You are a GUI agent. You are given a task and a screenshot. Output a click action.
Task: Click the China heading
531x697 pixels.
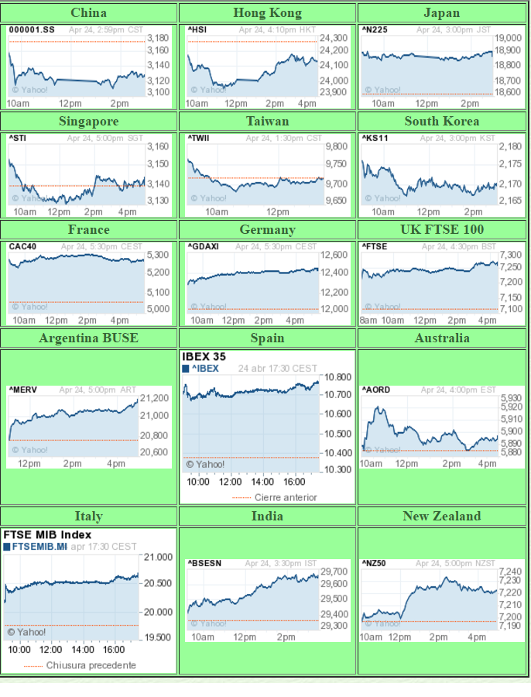(x=88, y=12)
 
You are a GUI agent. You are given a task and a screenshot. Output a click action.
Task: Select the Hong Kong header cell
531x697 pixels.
(x=267, y=12)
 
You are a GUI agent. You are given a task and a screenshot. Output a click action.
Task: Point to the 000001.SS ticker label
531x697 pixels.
(x=32, y=29)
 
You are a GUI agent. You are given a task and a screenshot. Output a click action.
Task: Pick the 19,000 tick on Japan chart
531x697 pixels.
(x=508, y=38)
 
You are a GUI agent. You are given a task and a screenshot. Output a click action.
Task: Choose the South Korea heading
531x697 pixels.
(x=441, y=121)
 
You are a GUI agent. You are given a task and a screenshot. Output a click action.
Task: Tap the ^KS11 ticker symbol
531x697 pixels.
(x=374, y=138)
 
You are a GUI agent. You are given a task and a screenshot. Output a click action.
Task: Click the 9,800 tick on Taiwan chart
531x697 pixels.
(x=336, y=146)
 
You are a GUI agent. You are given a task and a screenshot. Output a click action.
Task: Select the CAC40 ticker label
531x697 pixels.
(x=22, y=246)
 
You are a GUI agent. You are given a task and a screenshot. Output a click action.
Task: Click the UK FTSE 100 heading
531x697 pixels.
(x=441, y=229)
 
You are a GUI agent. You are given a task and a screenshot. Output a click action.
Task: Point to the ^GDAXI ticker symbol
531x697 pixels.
(x=203, y=246)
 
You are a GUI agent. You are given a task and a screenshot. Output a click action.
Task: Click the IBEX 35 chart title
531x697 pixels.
(x=204, y=357)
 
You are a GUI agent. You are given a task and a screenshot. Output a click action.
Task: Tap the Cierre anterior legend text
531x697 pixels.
(x=286, y=497)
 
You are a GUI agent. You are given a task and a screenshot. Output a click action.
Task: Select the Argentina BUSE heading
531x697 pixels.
(x=88, y=338)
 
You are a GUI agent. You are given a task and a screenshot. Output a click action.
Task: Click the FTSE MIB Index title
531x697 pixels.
(x=47, y=534)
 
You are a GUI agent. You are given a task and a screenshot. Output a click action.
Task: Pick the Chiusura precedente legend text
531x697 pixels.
(x=91, y=665)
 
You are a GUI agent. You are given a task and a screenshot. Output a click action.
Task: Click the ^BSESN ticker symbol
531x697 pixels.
(x=204, y=563)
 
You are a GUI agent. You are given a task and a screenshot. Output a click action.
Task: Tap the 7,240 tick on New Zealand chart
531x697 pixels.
(x=510, y=572)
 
